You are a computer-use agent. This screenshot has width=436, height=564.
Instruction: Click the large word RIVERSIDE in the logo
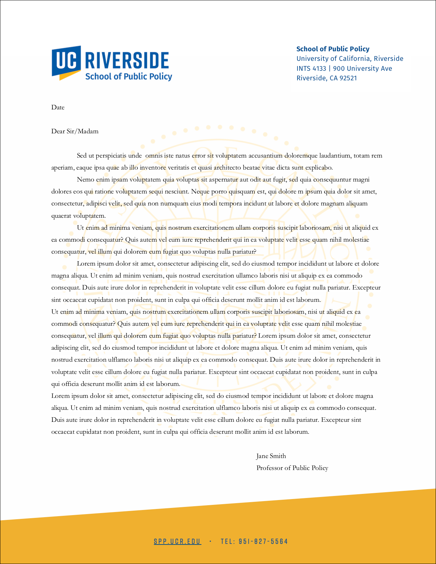point(127,61)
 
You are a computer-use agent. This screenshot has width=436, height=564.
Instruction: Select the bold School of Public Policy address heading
point(333,49)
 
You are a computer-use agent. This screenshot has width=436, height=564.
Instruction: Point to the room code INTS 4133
point(311,68)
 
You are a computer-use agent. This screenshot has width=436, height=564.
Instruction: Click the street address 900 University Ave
point(362,68)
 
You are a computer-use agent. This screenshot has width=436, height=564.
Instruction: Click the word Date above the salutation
point(58,107)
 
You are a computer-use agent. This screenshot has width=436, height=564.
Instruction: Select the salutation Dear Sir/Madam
point(75,131)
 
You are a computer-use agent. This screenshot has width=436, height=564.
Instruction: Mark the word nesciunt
point(176,191)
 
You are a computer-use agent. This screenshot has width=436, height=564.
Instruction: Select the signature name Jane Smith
point(271,456)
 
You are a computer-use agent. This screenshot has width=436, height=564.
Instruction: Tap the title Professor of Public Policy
point(292,468)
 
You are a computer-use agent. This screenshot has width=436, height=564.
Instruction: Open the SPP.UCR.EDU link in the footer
point(177,541)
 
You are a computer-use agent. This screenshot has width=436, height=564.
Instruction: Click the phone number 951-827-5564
point(263,541)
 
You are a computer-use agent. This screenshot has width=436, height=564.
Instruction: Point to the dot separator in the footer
point(210,541)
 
